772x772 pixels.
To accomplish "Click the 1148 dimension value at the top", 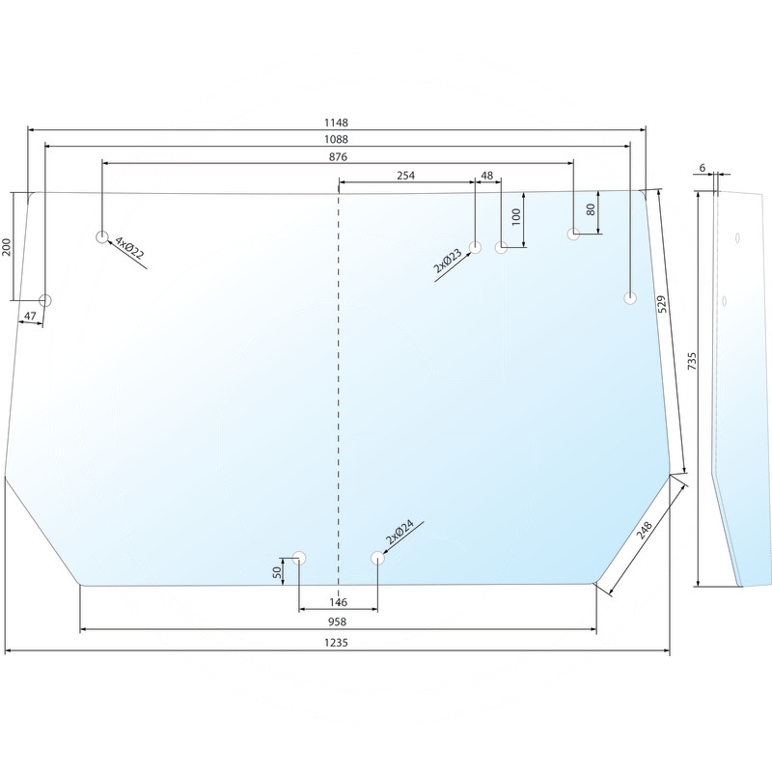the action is (x=336, y=123).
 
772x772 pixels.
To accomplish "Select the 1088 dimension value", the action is (x=336, y=139).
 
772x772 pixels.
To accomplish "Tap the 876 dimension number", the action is (x=338, y=156).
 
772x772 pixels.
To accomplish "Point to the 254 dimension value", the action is (x=405, y=176).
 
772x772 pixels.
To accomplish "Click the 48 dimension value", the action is (x=487, y=176).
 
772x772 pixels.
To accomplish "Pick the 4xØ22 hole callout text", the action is (x=129, y=248).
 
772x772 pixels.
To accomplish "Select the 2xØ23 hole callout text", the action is (x=448, y=261).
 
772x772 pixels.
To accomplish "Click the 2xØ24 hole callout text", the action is (x=400, y=532).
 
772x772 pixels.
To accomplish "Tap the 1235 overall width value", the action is (x=336, y=643).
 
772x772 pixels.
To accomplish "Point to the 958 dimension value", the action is (x=337, y=621).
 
